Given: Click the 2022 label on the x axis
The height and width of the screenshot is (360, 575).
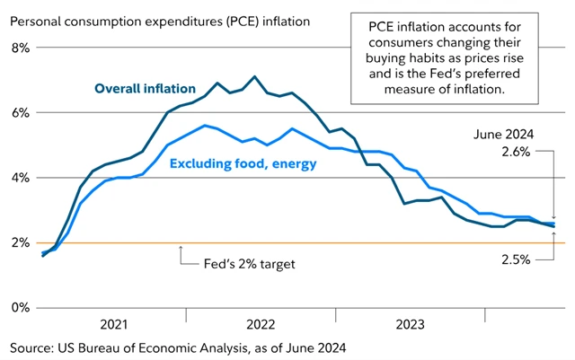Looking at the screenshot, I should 261,324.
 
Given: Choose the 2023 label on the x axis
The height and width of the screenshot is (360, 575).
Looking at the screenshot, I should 410,324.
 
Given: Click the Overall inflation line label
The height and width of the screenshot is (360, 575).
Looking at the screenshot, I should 146,88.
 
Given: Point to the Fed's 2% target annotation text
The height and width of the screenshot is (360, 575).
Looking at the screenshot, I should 242,264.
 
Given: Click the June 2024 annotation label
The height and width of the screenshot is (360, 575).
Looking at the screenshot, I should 504,134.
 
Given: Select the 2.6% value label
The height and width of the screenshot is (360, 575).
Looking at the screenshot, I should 517,154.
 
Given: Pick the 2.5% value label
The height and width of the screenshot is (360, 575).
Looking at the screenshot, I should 517,260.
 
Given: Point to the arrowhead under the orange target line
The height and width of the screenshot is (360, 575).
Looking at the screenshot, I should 181,248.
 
